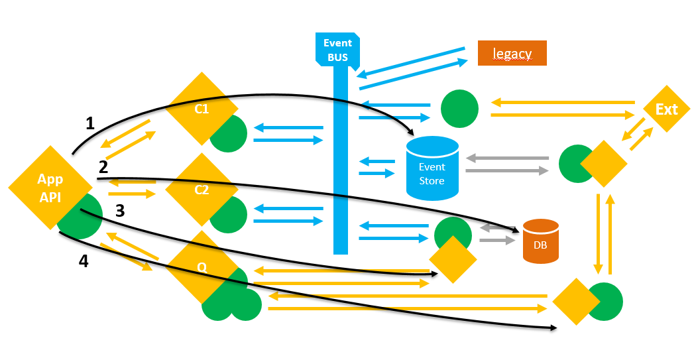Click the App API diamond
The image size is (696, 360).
[50, 188]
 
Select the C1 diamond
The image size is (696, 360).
[202, 109]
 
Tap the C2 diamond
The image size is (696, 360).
[202, 190]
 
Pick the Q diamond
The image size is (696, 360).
[202, 267]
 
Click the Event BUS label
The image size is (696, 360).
[337, 50]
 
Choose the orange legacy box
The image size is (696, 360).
[512, 53]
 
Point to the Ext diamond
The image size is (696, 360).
[666, 109]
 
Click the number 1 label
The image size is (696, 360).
[90, 123]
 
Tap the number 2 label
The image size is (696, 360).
[103, 166]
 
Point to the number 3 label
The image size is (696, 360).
[120, 211]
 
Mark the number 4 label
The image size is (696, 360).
[83, 261]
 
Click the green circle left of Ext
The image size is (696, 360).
[459, 109]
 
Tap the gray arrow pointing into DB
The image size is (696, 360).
[497, 240]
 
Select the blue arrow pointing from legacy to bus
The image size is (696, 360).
[411, 59]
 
